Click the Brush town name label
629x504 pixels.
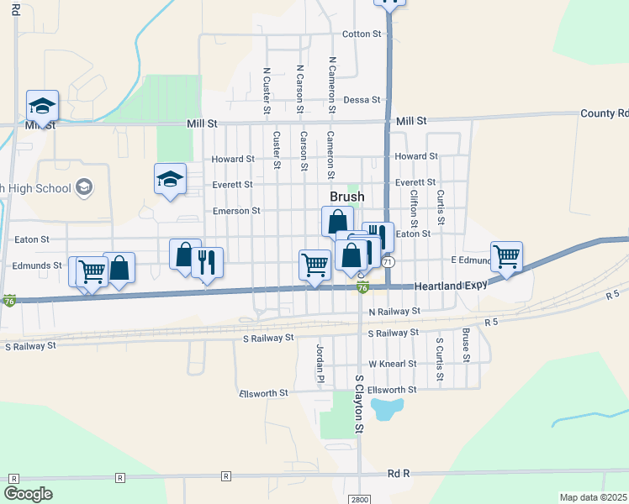point(346,197)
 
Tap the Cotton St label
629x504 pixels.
point(362,34)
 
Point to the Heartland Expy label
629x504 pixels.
point(451,286)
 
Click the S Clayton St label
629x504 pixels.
point(358,404)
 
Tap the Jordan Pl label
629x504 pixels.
point(320,363)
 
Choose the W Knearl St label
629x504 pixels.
point(393,364)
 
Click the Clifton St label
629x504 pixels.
point(414,208)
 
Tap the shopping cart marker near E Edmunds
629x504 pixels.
point(507,256)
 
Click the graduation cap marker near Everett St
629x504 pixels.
point(170,179)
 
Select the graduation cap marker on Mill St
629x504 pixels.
point(42,106)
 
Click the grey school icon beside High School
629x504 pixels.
point(83,187)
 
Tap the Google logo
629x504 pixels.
point(29,494)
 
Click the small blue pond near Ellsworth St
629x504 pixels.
point(385,410)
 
